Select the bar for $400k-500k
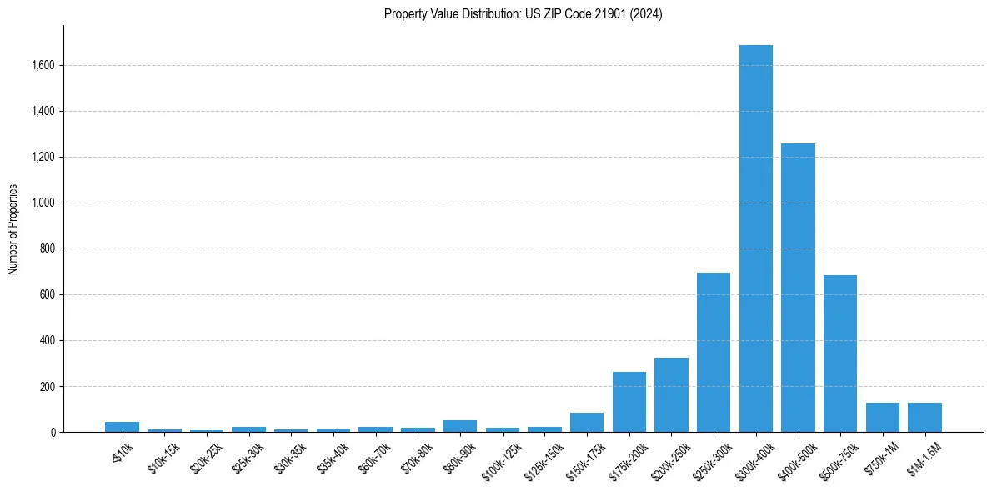[x=798, y=288]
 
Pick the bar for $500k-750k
[x=839, y=354]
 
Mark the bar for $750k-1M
[x=882, y=418]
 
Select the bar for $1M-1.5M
[x=924, y=418]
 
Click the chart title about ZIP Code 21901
[x=524, y=14]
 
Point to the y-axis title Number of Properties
[x=13, y=229]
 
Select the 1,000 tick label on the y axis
[x=42, y=203]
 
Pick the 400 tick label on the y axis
[x=47, y=341]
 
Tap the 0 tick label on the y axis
[x=53, y=433]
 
